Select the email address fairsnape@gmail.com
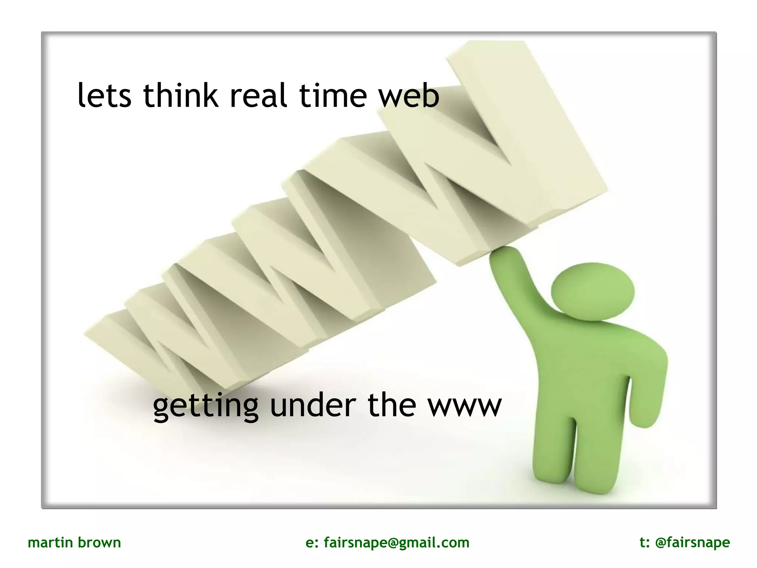pyautogui.click(x=396, y=543)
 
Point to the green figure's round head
pyautogui.click(x=593, y=291)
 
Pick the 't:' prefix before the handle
pyautogui.click(x=645, y=543)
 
